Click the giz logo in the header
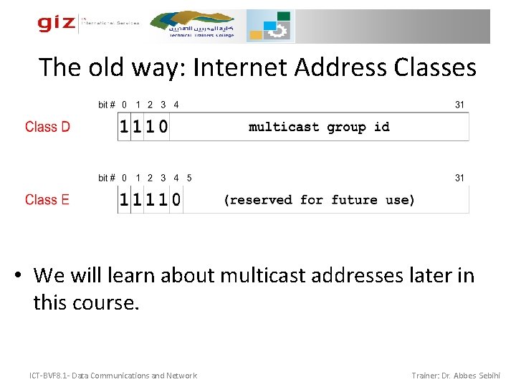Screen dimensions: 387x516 point(56,24)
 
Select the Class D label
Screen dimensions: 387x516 point(47,127)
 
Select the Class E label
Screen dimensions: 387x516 point(47,199)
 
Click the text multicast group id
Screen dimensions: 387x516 point(319,127)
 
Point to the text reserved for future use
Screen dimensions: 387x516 point(319,200)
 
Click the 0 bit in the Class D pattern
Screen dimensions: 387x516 point(163,128)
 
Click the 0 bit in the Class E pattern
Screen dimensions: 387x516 point(176,201)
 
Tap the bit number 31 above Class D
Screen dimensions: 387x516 point(459,105)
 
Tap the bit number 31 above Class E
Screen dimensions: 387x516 point(459,178)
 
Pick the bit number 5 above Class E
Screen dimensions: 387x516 point(189,178)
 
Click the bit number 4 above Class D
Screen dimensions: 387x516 point(176,105)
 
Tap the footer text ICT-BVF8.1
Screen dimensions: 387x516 point(49,376)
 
